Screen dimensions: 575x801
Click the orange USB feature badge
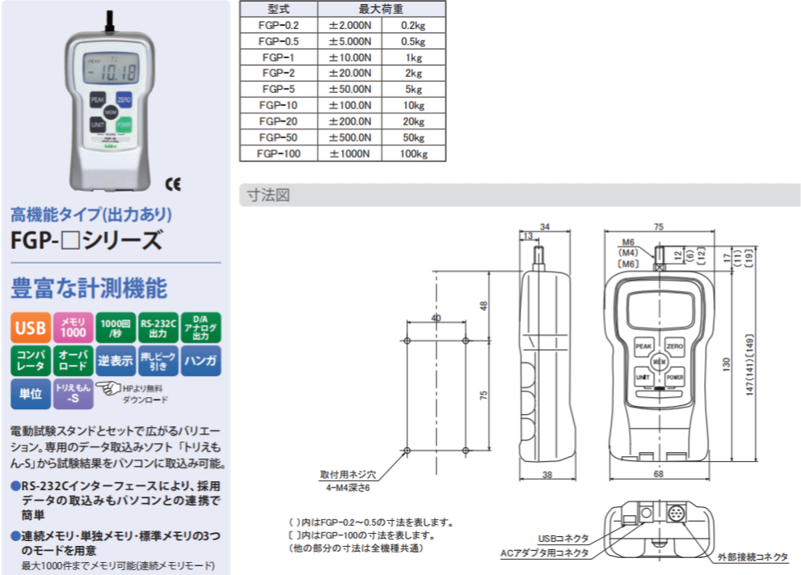click(30, 328)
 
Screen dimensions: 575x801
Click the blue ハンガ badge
click(200, 360)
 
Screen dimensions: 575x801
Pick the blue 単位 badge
click(30, 393)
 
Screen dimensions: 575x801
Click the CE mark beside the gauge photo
click(173, 183)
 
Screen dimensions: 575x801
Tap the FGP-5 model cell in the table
click(278, 89)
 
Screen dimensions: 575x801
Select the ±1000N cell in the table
click(349, 153)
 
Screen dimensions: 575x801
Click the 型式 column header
click(278, 10)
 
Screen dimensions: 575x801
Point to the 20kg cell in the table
click(413, 120)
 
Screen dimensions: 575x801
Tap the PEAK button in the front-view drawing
click(643, 345)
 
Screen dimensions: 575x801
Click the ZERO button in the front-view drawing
click(675, 345)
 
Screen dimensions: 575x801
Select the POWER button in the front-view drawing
click(675, 378)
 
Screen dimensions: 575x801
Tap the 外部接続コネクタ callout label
click(752, 557)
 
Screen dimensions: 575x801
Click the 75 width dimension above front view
click(659, 228)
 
